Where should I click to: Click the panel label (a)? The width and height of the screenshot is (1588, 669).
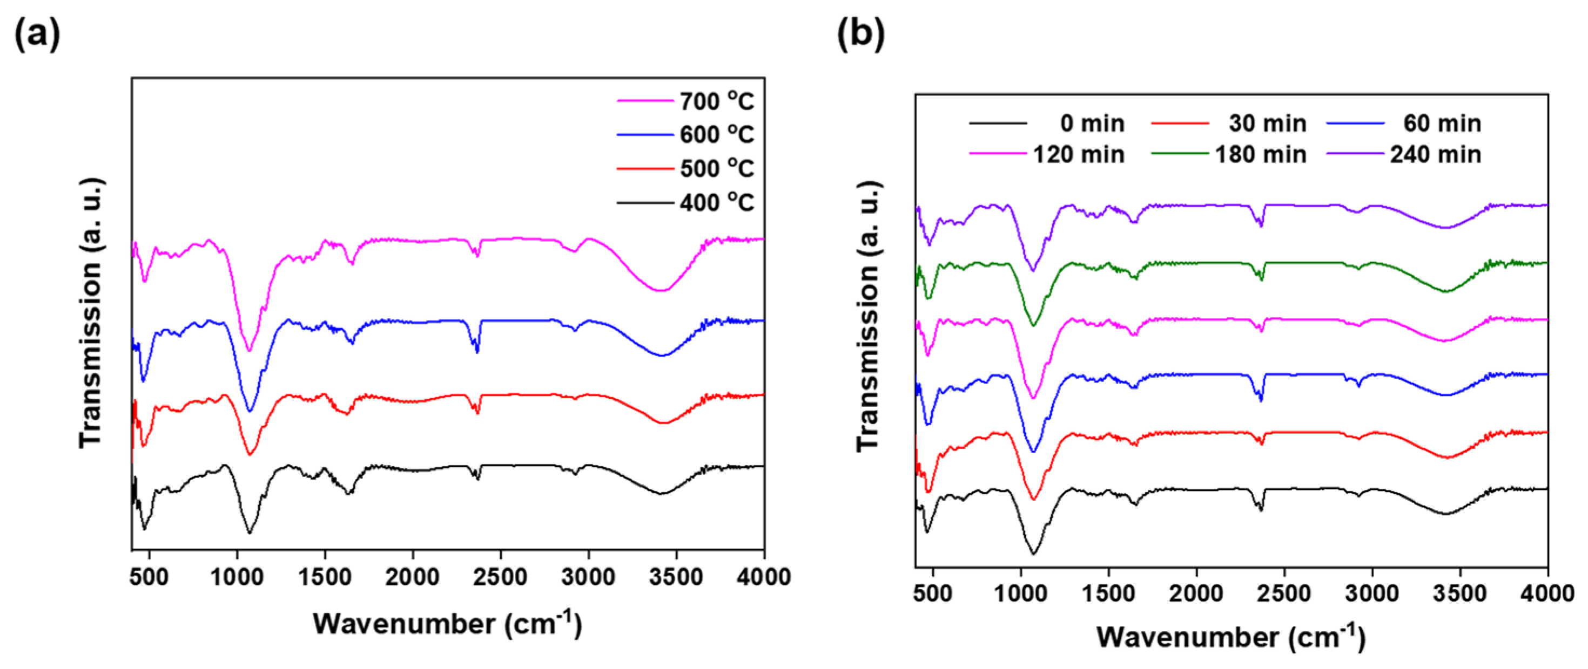coord(37,34)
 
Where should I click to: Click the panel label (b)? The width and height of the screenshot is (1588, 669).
coord(860,34)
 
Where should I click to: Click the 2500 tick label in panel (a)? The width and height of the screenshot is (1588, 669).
coord(500,577)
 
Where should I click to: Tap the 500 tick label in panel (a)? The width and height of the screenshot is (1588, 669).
coord(150,577)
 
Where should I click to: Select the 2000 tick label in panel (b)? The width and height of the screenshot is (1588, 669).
coord(1196,593)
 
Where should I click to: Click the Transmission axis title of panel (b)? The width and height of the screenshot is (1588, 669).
coord(869,317)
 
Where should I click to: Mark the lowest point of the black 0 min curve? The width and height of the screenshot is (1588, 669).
coord(1033,554)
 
